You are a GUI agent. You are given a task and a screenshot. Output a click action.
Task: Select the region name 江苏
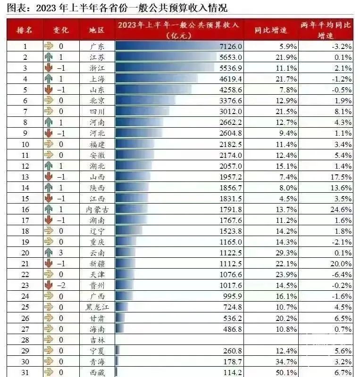[x=96, y=57]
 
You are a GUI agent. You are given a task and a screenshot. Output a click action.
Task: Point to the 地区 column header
[x=97, y=30]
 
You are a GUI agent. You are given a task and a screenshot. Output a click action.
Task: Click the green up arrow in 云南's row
[x=48, y=253]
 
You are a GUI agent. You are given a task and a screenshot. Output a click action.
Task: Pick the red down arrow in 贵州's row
[x=48, y=285]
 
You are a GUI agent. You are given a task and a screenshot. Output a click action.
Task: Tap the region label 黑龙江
[x=96, y=307]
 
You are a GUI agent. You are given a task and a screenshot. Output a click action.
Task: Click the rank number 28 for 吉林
[x=25, y=339]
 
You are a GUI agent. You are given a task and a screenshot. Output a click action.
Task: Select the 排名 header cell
[x=25, y=30]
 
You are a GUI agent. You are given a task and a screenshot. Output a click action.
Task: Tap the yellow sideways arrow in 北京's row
[x=48, y=100]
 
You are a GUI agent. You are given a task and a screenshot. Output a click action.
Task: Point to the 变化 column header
[x=61, y=30]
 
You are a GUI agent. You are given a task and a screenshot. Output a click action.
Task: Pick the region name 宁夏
[x=96, y=350]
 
